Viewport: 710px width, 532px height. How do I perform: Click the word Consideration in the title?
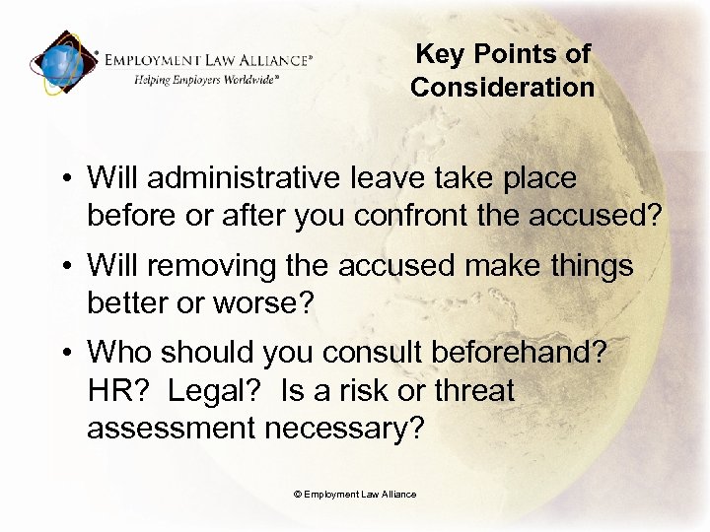pos(503,88)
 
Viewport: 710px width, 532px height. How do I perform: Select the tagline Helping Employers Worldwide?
pos(207,79)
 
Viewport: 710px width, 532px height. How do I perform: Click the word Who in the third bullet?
pos(121,352)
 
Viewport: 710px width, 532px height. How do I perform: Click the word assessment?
pos(172,430)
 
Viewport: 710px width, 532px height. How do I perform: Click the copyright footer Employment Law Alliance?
pos(355,494)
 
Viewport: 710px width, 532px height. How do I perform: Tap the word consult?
pos(342,352)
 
